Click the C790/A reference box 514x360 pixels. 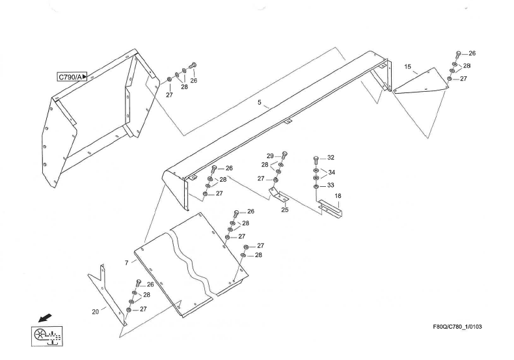click(72, 77)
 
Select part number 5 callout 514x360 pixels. click(260, 102)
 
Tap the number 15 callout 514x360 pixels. click(407, 67)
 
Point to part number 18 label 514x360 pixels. click(338, 196)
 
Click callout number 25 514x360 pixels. click(285, 210)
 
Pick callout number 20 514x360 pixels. click(95, 312)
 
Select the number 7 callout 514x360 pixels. click(126, 263)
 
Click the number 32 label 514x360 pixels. click(331, 158)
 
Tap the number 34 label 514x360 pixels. click(332, 172)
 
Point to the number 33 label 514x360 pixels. click(331, 186)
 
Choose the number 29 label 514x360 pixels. click(270, 156)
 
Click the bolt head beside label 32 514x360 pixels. click(316, 159)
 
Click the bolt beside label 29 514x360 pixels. click(284, 155)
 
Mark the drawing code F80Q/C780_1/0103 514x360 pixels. click(457, 327)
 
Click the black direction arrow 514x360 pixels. click(45, 318)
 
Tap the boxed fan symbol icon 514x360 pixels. click(47, 336)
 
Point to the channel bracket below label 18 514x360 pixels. click(331, 208)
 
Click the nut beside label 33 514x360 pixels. click(316, 187)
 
